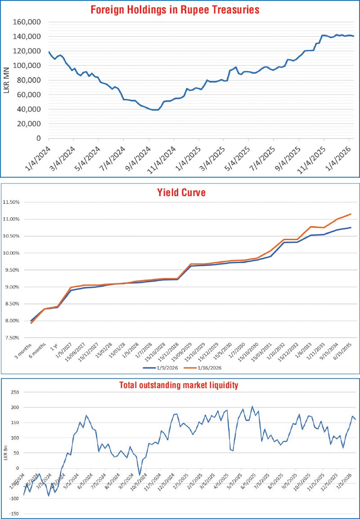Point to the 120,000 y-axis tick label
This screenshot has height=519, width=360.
(x=28, y=51)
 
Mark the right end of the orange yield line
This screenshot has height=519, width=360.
(x=351, y=214)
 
